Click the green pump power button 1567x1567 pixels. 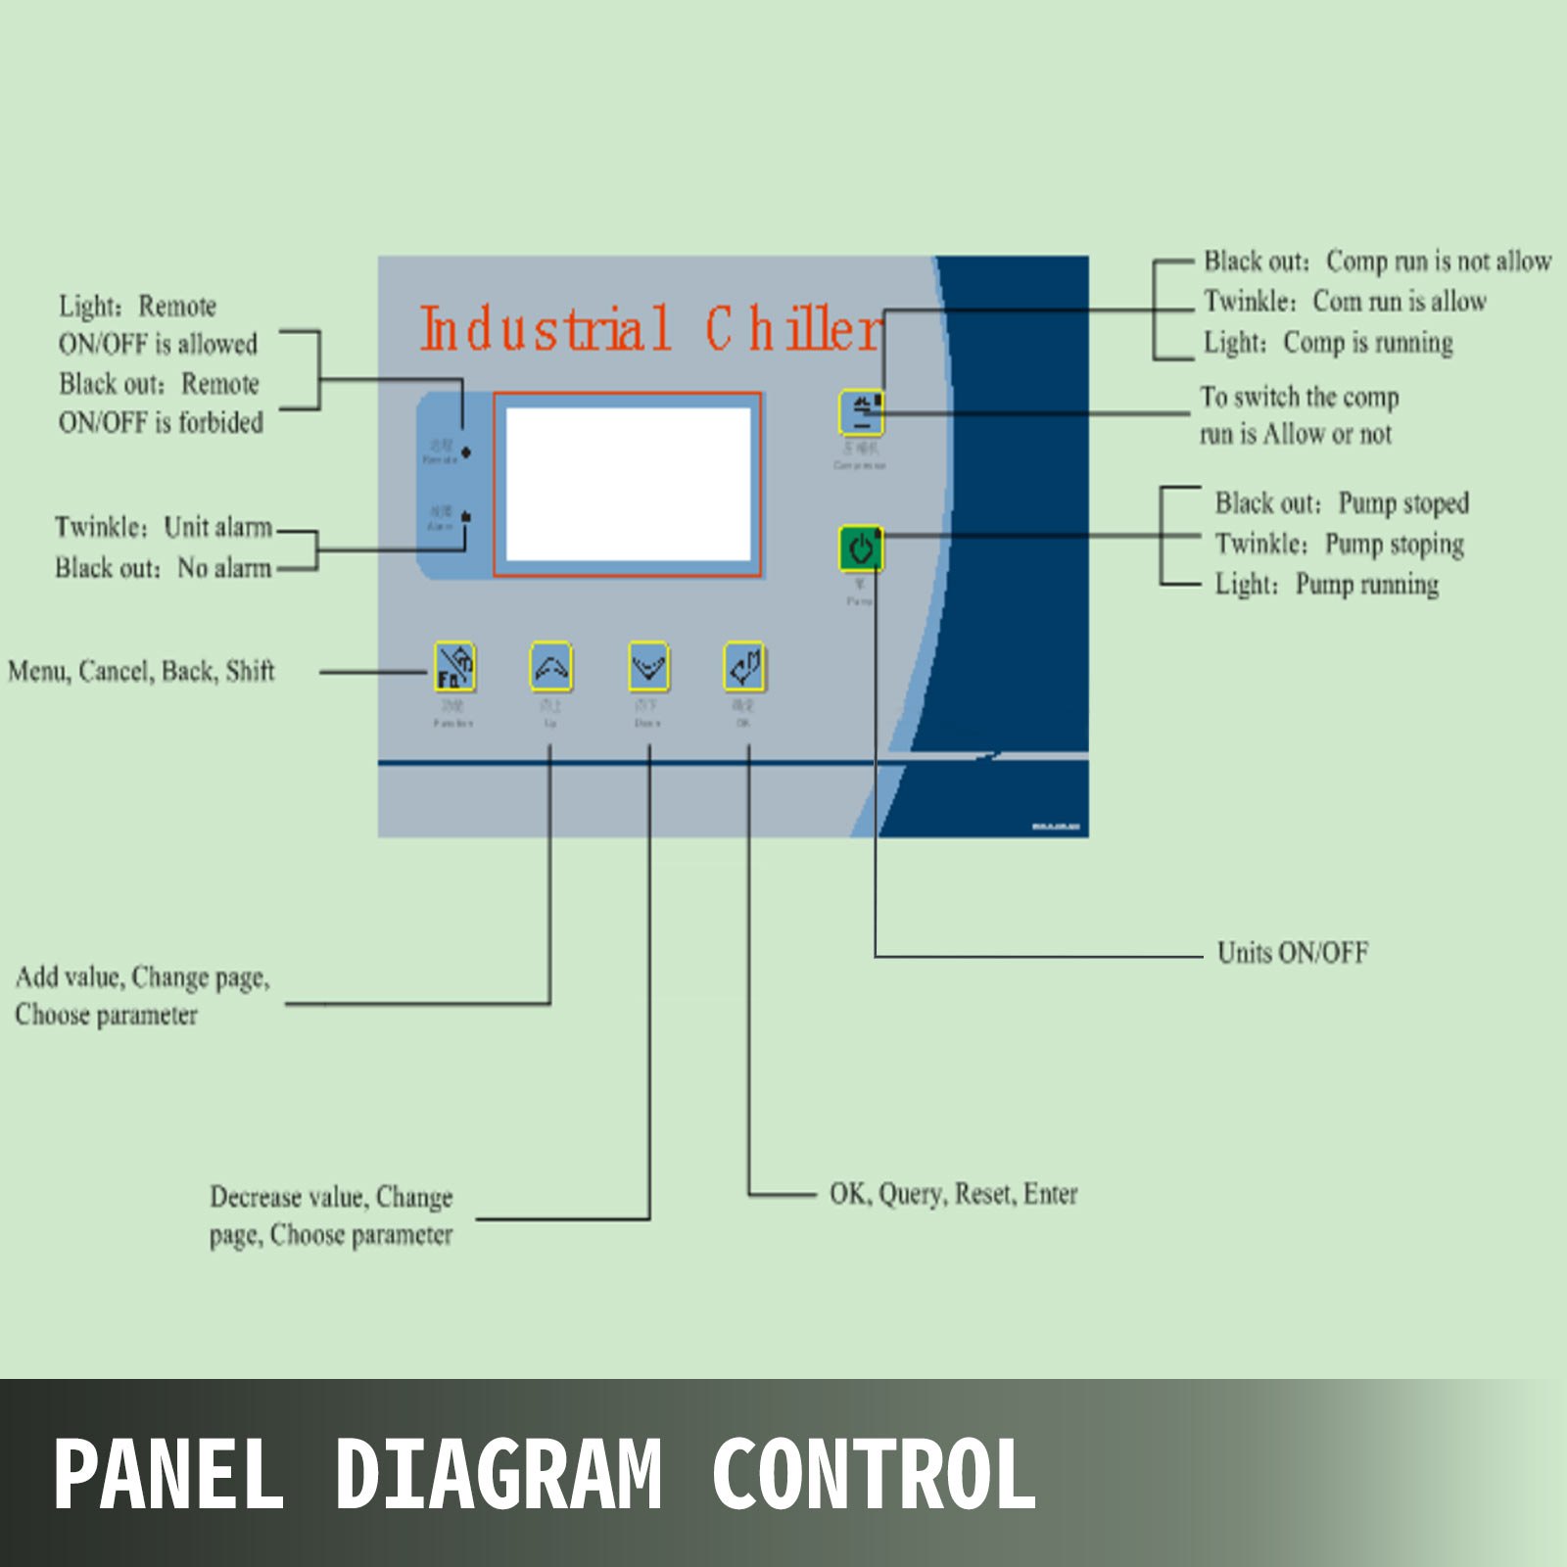(x=861, y=548)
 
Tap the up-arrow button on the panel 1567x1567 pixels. (x=550, y=667)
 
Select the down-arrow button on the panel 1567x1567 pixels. (x=648, y=667)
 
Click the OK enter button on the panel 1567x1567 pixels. (x=744, y=667)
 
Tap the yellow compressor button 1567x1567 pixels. (x=861, y=412)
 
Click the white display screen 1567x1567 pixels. (x=628, y=485)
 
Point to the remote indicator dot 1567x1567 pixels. (x=466, y=452)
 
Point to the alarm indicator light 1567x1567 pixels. (x=466, y=516)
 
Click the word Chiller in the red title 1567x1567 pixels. (x=793, y=330)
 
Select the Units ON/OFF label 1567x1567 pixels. (x=1292, y=952)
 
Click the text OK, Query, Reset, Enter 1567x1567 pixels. (x=953, y=1194)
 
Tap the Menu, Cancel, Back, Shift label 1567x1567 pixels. (x=141, y=671)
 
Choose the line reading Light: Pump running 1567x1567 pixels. (x=1326, y=585)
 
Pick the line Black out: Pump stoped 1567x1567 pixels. (x=1341, y=503)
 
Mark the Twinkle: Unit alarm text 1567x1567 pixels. (x=164, y=527)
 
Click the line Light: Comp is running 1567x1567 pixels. (x=1328, y=343)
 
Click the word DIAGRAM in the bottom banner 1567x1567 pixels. (x=498, y=1473)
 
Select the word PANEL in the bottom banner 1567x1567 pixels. (x=168, y=1473)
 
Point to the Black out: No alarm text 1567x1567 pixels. (x=163, y=568)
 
